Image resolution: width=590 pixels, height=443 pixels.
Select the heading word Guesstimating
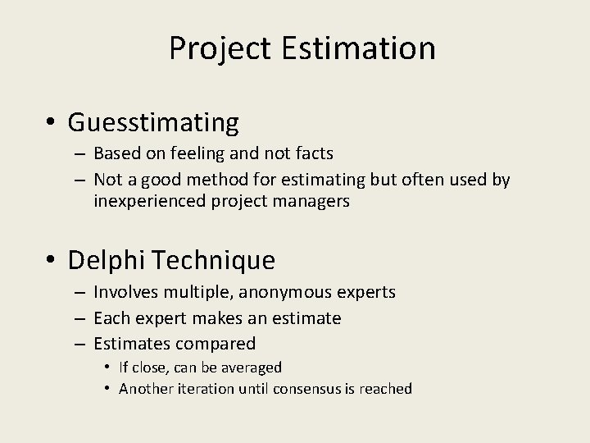point(153,123)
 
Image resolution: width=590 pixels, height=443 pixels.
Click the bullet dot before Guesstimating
point(52,124)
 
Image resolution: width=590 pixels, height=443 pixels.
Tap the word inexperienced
point(150,202)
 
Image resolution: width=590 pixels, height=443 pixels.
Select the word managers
point(315,202)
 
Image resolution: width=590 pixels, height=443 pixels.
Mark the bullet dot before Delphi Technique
point(52,262)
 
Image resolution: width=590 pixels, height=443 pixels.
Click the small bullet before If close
point(108,368)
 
